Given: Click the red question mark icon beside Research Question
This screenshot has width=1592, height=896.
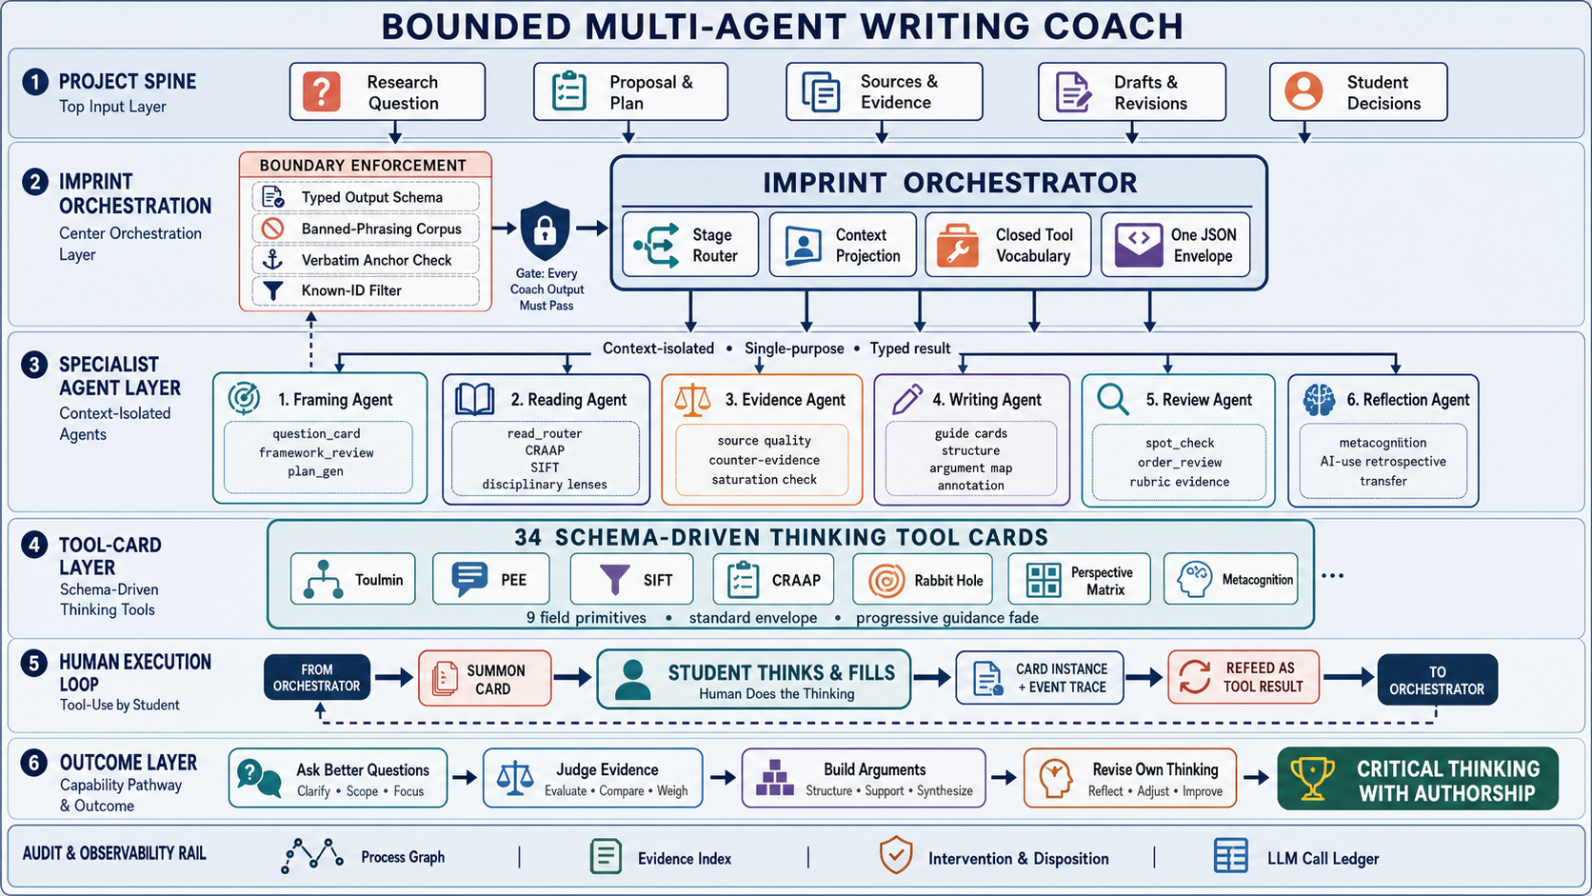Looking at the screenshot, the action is pyautogui.click(x=321, y=91).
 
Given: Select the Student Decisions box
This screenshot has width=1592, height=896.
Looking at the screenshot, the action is pyautogui.click(x=1358, y=91).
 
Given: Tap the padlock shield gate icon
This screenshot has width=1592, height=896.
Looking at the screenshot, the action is pyautogui.click(x=546, y=230).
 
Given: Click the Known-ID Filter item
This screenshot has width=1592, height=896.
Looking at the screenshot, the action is pyautogui.click(x=366, y=290).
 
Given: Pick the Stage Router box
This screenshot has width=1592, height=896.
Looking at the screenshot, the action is pyautogui.click(x=690, y=245).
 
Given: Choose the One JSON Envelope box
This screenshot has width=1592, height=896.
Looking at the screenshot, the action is pyautogui.click(x=1176, y=245).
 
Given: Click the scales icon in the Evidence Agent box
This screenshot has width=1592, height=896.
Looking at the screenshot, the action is pyautogui.click(x=692, y=400).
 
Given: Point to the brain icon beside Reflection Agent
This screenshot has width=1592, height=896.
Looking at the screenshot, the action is pyautogui.click(x=1319, y=399).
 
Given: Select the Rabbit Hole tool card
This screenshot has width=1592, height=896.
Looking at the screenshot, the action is pyautogui.click(x=924, y=580).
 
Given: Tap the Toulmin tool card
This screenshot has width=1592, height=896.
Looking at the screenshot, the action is pyautogui.click(x=352, y=580).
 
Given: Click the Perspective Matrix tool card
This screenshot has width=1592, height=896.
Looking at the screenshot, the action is pyautogui.click(x=1079, y=580).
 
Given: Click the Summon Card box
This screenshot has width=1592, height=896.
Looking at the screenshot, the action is pyautogui.click(x=485, y=679).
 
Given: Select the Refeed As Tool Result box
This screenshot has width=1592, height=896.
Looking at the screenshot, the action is pyautogui.click(x=1244, y=677).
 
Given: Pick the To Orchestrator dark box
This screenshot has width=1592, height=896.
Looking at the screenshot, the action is pyautogui.click(x=1437, y=680).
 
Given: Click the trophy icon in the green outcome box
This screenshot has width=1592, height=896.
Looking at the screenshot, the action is pyautogui.click(x=1312, y=778).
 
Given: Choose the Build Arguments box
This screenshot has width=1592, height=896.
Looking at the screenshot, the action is pyautogui.click(x=864, y=778).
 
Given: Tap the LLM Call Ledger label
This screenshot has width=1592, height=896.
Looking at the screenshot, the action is pyautogui.click(x=1323, y=858).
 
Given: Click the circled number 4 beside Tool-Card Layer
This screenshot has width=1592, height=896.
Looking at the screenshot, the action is pyautogui.click(x=34, y=545).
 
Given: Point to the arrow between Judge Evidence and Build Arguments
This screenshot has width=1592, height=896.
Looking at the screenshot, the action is pyautogui.click(x=723, y=778).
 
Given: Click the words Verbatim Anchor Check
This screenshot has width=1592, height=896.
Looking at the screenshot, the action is pyautogui.click(x=376, y=260).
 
